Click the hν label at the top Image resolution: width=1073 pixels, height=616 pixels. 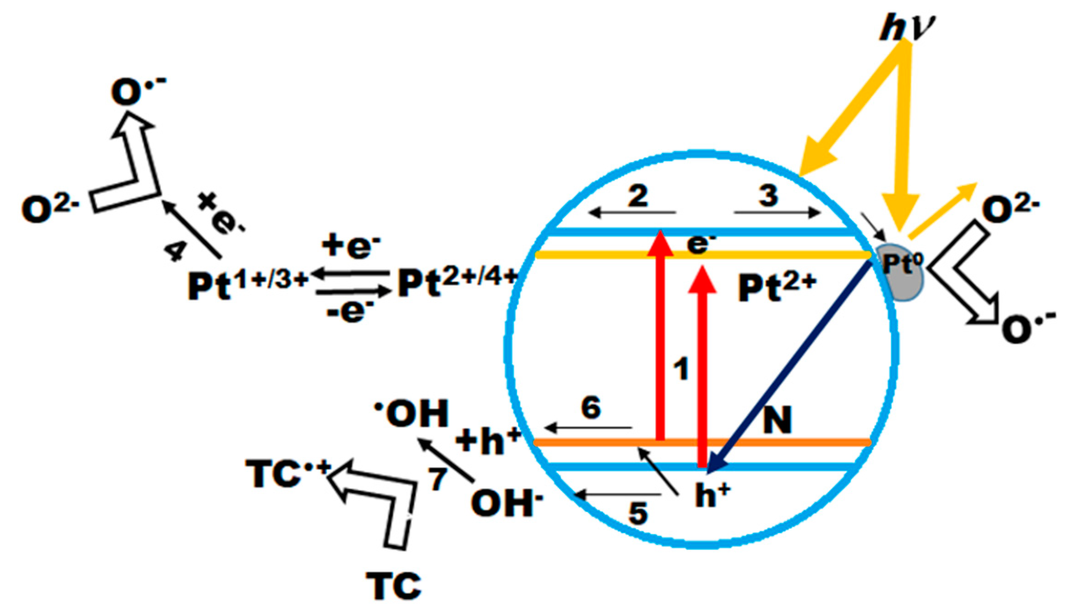coord(906,30)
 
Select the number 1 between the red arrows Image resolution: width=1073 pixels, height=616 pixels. coord(681,370)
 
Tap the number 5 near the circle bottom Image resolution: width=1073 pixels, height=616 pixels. coord(638,513)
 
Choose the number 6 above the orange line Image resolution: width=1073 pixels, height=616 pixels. coord(591,407)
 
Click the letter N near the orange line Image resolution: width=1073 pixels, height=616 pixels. coord(777,420)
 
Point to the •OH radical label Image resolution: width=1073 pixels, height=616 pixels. coord(412,413)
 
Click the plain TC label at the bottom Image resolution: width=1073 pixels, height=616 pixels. coord(394,586)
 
